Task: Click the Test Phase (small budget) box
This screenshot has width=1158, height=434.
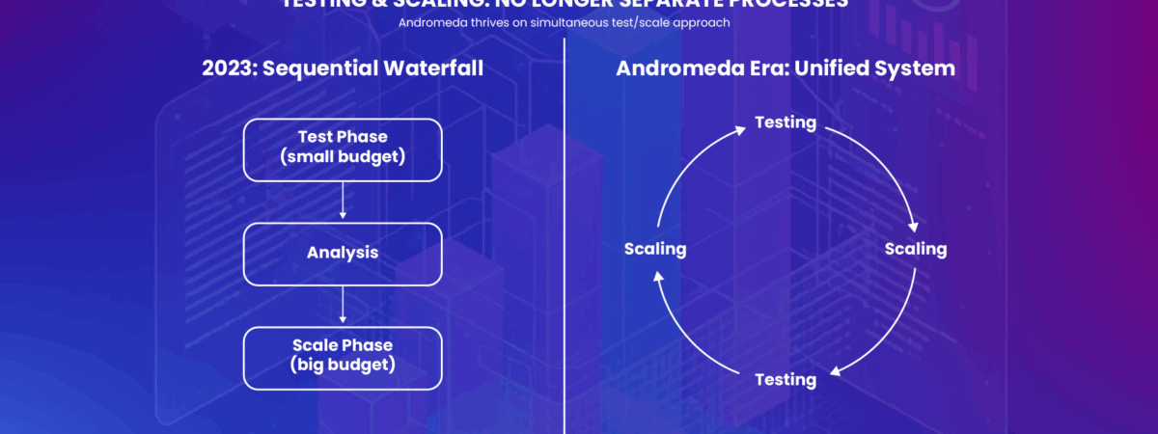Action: (x=343, y=150)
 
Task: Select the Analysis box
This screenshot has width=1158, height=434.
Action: (x=343, y=254)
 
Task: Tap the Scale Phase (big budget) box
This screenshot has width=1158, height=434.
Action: (x=343, y=357)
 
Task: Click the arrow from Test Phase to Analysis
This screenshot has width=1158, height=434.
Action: (x=343, y=203)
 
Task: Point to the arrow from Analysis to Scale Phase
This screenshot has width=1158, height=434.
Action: (x=343, y=306)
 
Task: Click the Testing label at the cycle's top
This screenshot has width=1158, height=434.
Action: (x=786, y=122)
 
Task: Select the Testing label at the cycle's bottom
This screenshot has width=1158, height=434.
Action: (x=786, y=379)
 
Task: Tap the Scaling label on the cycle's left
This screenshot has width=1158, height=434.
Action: (x=655, y=249)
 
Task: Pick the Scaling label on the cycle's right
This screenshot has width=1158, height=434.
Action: (x=916, y=249)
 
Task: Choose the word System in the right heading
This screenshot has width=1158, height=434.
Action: (x=918, y=68)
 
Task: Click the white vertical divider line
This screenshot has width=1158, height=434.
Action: (x=565, y=241)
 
